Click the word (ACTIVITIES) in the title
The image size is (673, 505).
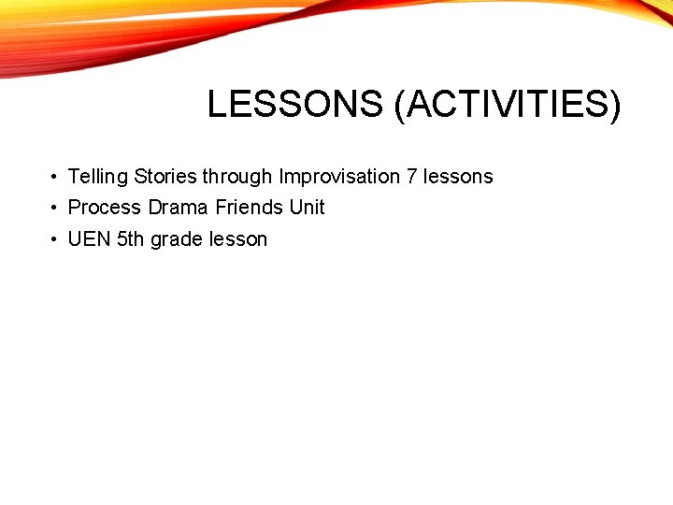tap(508, 105)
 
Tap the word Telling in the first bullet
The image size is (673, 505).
tap(98, 177)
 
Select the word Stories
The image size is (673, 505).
tap(165, 177)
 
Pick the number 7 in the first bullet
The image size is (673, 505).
tap(412, 177)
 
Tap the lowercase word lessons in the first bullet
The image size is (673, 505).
tap(458, 177)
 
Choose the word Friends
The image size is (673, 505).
tap(250, 208)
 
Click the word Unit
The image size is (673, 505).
tap(308, 208)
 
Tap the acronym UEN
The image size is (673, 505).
tap(90, 239)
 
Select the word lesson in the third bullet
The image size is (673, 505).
tap(238, 239)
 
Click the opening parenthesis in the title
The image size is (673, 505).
tap(400, 106)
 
